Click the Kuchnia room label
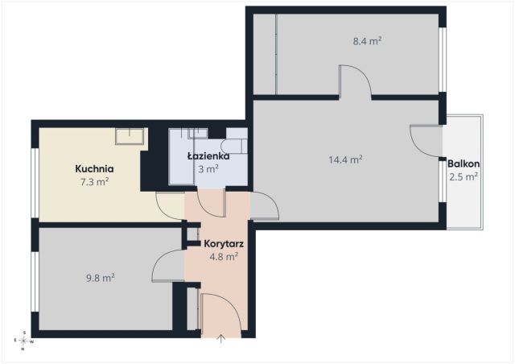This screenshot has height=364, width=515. [x=95, y=168]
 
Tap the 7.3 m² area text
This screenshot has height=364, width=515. [x=95, y=181]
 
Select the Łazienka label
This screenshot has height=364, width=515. [x=208, y=156]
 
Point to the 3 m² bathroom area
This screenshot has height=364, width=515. [x=208, y=169]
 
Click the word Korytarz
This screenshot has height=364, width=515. [x=224, y=244]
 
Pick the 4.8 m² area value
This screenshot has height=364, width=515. [x=224, y=256]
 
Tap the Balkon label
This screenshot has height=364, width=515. [x=463, y=163]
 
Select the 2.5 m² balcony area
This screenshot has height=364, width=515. [x=463, y=176]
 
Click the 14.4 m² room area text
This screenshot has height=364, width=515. [x=345, y=159]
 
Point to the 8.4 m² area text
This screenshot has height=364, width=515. [x=367, y=41]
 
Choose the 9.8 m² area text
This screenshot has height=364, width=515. [x=100, y=278]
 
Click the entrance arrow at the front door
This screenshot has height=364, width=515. [x=221, y=339]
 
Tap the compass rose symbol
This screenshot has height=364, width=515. [x=23, y=341]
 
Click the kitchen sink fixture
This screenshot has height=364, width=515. [x=130, y=136]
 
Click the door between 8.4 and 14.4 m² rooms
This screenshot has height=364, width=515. [x=355, y=81]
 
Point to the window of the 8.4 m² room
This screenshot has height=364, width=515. [x=443, y=60]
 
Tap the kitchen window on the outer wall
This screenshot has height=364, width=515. [x=35, y=183]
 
